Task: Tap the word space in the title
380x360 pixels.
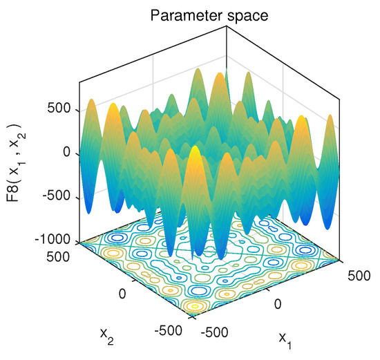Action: (250, 13)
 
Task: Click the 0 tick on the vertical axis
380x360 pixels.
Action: (67, 153)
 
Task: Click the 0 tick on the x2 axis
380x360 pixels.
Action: (124, 293)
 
